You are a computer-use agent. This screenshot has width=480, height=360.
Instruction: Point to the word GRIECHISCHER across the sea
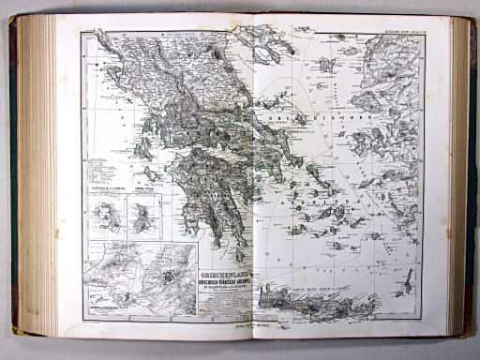click(x=319, y=120)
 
